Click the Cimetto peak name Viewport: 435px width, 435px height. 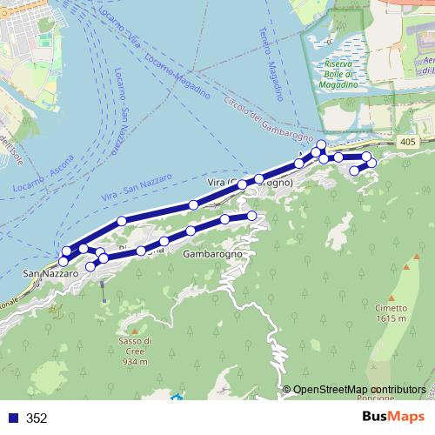click(x=392, y=308)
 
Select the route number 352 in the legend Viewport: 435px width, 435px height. click(x=37, y=418)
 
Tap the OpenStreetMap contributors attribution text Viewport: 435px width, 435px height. click(x=358, y=389)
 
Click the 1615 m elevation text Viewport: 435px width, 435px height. click(x=392, y=319)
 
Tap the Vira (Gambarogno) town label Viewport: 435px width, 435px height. click(x=249, y=182)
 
